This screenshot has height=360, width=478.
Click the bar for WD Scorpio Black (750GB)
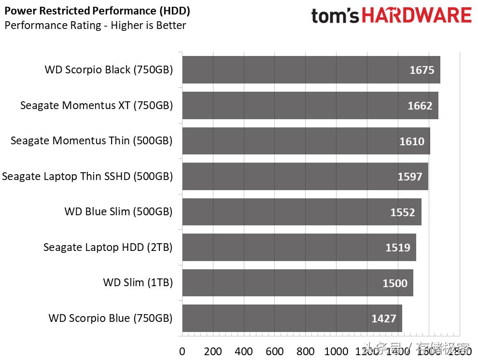311,70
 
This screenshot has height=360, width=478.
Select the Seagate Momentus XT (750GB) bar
310,105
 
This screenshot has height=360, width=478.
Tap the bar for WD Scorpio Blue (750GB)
292,318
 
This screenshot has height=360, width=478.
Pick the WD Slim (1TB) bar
297,283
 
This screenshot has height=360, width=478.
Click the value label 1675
422,70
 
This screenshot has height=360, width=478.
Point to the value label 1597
410,177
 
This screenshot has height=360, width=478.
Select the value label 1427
384,318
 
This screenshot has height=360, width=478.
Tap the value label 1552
403,212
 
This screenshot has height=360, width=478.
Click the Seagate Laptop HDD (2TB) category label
108,248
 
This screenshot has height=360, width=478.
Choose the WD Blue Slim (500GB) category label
118,212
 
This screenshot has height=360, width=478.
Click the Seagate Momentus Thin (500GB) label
91,141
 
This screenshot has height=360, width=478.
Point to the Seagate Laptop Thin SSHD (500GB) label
87,177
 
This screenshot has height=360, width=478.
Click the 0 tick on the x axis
182,351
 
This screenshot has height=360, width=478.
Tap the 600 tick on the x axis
274,351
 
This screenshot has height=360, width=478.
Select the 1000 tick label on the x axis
336,351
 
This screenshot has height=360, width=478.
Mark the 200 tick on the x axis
213,351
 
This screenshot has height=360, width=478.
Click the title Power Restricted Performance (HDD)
97,11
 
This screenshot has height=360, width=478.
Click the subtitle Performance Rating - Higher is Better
95,26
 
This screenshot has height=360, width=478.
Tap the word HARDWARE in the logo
417,16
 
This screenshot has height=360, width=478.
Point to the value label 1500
395,283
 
